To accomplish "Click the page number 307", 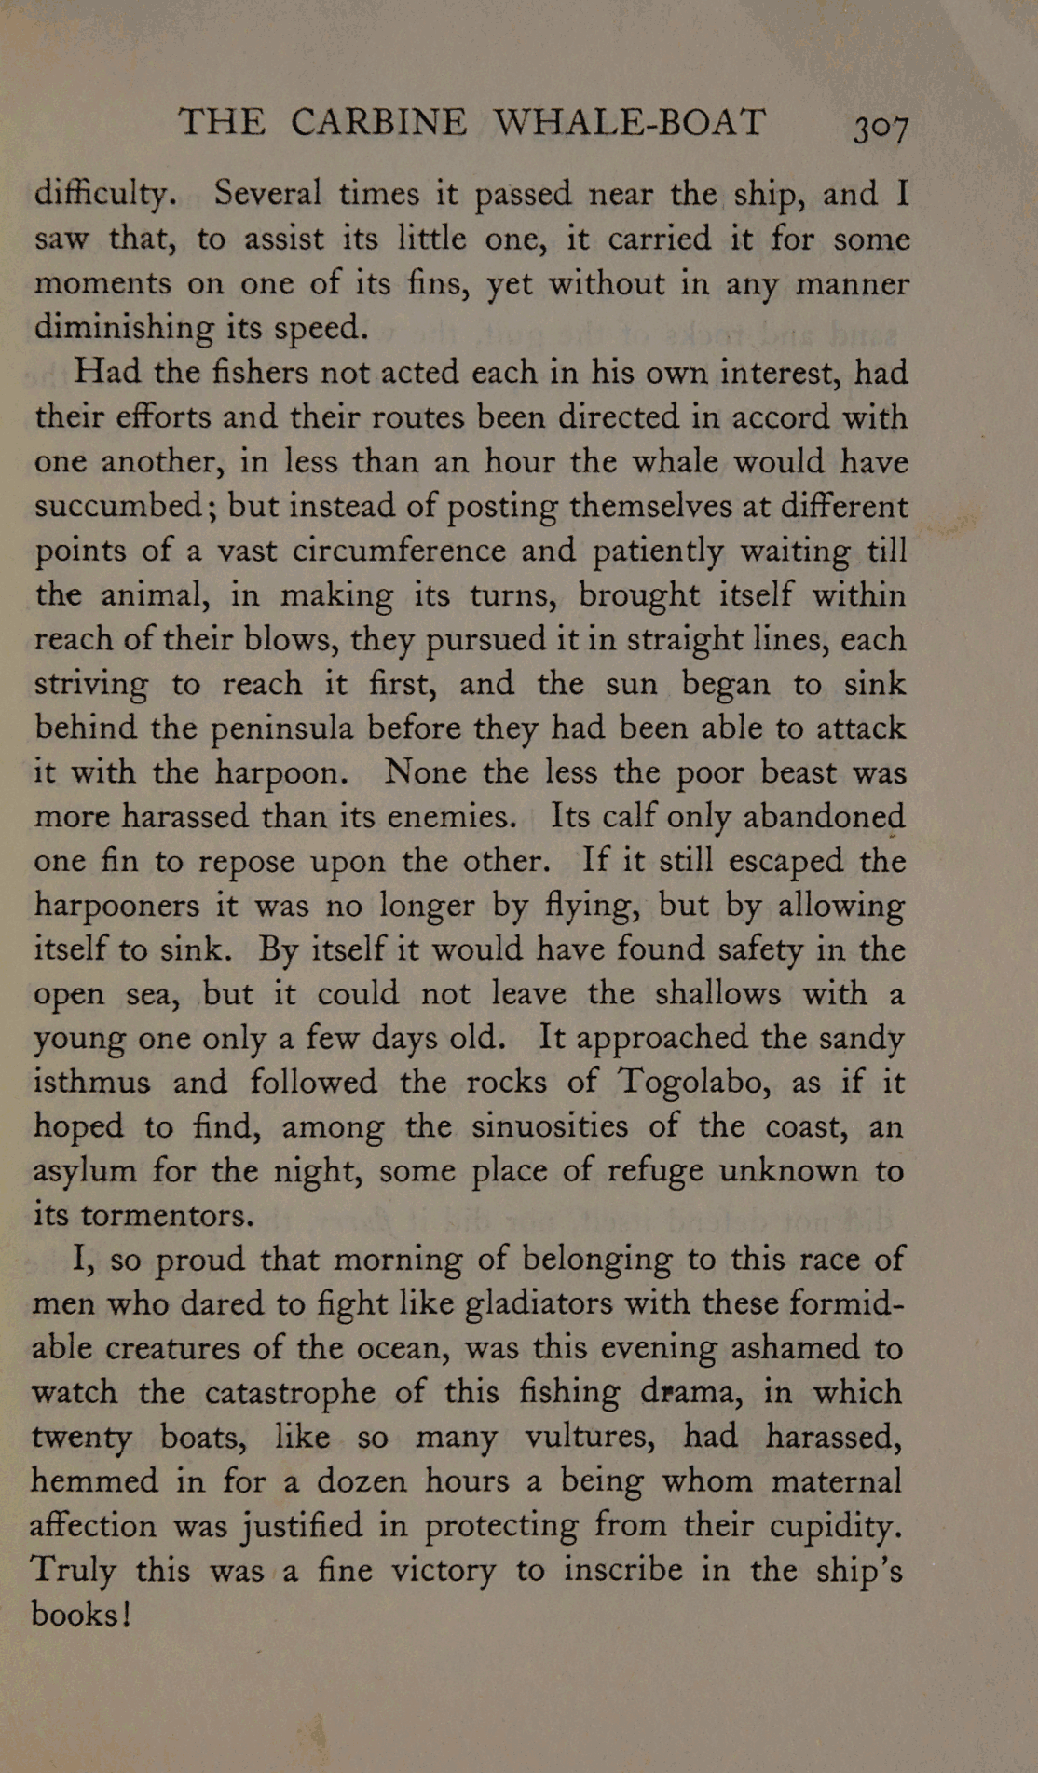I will click(881, 127).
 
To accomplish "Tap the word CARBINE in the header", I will click(378, 122).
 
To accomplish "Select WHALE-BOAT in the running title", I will click(629, 122).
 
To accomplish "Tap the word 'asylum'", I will click(85, 1171).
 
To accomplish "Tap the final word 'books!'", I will click(81, 1614).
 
